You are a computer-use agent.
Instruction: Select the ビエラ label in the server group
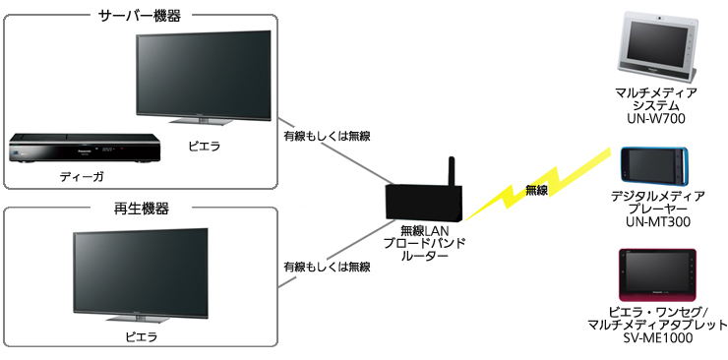pos(204,147)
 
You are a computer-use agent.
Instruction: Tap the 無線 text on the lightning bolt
pos(537,190)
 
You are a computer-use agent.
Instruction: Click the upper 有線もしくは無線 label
pos(327,136)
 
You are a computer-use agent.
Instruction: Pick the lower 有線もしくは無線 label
pos(327,267)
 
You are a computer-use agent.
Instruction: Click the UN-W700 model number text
pos(656,119)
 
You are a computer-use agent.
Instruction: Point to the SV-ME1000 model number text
pos(655,338)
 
